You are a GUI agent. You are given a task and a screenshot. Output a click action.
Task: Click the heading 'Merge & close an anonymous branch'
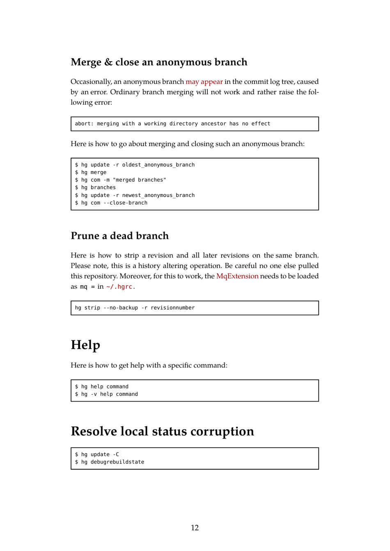click(159, 62)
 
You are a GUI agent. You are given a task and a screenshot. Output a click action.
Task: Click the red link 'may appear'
click(204, 82)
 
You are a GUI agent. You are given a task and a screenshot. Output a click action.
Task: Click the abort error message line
click(172, 124)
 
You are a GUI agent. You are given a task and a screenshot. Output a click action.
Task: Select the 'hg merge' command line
click(91, 172)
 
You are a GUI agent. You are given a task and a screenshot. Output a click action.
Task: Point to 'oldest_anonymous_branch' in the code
click(158, 165)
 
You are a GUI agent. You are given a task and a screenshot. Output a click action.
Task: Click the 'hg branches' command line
click(95, 187)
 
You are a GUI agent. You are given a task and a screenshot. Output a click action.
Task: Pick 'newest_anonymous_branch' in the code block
click(158, 195)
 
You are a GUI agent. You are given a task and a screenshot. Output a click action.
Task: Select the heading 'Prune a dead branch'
click(119, 236)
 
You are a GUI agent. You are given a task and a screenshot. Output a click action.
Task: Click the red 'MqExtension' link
click(237, 276)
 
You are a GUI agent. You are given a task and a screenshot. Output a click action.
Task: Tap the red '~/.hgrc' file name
click(119, 287)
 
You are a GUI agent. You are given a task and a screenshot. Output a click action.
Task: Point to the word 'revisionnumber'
click(172, 308)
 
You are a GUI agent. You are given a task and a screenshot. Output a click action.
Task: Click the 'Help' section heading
click(85, 345)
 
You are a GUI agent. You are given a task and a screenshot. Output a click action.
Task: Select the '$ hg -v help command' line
click(106, 394)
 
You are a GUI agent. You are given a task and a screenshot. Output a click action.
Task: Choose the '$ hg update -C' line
click(97, 455)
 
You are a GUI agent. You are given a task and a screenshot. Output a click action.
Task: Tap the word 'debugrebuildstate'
click(117, 462)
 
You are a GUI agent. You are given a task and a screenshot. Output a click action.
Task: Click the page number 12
click(195, 528)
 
